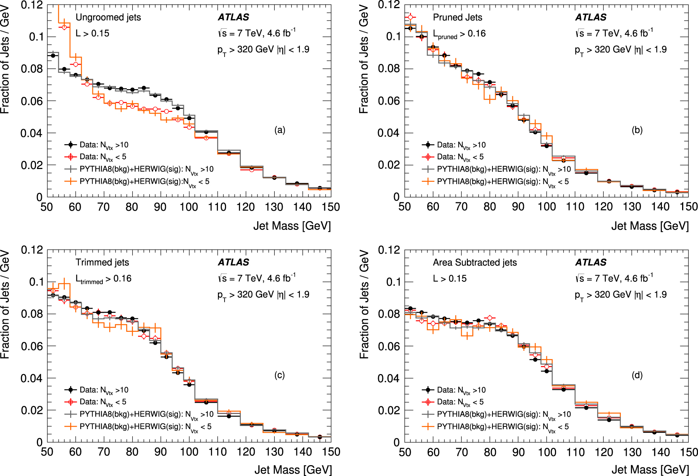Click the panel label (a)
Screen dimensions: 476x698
click(x=280, y=130)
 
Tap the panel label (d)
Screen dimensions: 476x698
click(x=637, y=375)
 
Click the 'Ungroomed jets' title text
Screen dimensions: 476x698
click(x=108, y=17)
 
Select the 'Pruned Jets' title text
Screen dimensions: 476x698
click(x=458, y=17)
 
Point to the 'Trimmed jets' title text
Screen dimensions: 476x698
click(x=102, y=262)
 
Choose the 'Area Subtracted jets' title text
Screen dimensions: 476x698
click(x=475, y=262)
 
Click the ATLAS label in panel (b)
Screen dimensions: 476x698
click(x=591, y=17)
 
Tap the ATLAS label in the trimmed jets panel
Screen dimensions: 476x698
click(x=233, y=262)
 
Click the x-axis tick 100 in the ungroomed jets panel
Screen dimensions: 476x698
click(x=189, y=207)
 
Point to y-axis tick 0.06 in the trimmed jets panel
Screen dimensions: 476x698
click(x=32, y=346)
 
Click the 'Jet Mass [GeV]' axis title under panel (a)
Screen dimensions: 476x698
click(x=292, y=226)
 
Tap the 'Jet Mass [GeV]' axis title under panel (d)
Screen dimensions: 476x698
click(x=650, y=470)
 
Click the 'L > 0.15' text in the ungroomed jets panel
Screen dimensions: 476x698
click(x=92, y=34)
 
